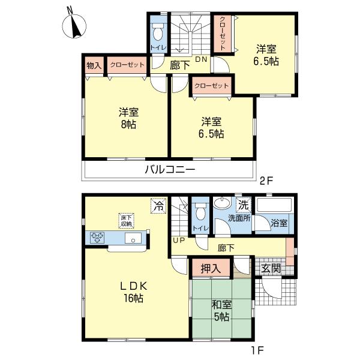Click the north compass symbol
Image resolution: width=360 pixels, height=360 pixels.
coord(74,25)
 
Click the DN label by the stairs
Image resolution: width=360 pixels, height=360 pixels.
coord(201,59)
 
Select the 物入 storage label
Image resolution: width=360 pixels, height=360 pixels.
coord(94,65)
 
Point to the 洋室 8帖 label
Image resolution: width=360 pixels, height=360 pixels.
coord(128,118)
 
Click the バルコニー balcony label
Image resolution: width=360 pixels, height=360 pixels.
coord(170,170)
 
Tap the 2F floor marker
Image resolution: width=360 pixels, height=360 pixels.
coord(266,181)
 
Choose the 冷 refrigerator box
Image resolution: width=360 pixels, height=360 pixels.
coord(158,206)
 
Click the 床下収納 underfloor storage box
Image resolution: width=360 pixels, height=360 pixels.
coord(126,221)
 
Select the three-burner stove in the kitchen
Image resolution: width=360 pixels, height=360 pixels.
coord(98,238)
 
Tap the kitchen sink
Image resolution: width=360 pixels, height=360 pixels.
coord(133,238)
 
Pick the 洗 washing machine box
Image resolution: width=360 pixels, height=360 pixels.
coord(244,205)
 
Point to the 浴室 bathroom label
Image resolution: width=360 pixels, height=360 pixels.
coord(279,223)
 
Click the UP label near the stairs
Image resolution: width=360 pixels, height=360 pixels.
coord(179,241)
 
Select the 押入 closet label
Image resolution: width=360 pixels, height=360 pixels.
coord(211,268)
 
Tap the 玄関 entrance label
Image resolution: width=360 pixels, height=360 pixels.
coord(271,268)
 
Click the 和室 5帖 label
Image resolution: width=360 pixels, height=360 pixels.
coord(221,311)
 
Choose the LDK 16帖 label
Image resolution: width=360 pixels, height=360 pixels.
coord(134,292)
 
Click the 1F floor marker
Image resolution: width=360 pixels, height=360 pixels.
coord(257,350)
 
